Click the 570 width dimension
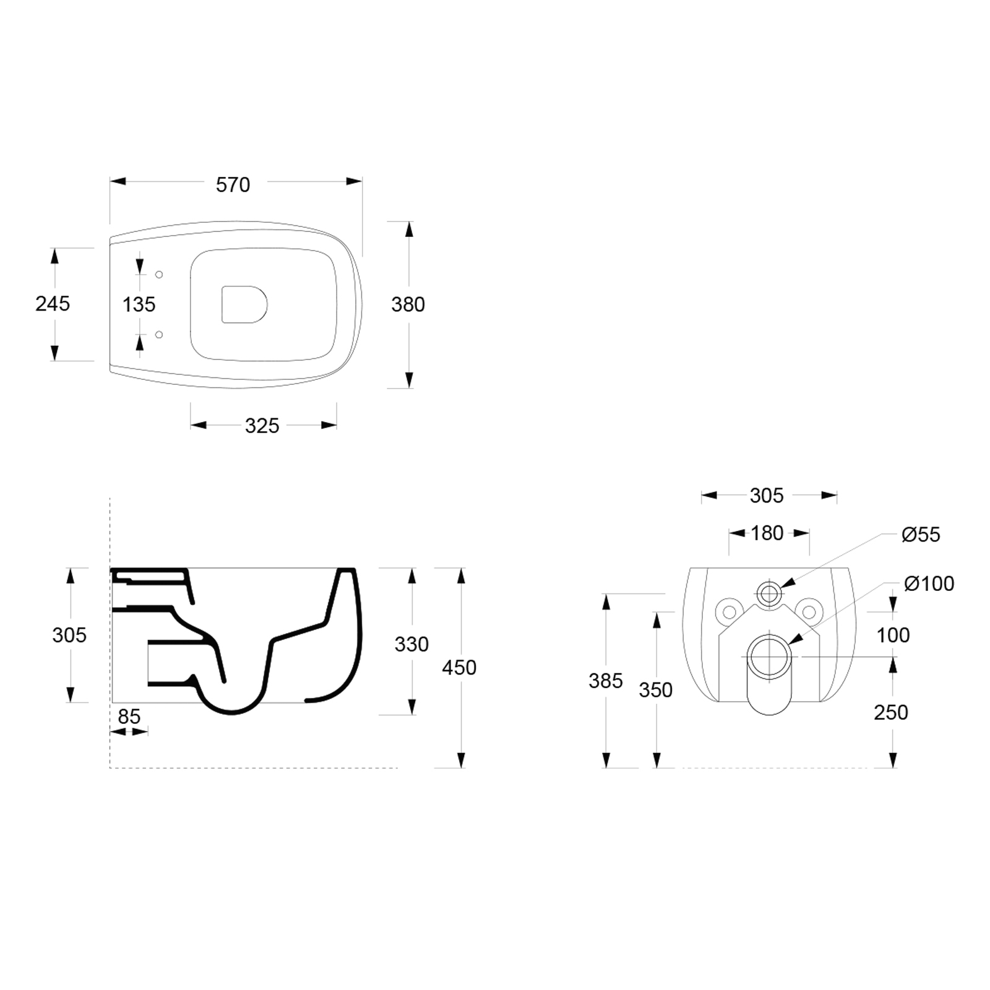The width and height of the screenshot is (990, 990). (x=233, y=184)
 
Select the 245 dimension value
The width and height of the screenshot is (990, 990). (x=53, y=304)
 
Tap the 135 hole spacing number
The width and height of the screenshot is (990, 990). (x=139, y=304)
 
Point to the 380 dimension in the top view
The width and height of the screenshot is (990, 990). (x=408, y=304)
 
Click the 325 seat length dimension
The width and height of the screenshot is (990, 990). (x=262, y=426)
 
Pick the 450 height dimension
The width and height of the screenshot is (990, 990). (x=459, y=668)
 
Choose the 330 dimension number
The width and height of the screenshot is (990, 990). (x=411, y=644)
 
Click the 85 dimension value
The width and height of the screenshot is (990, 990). (x=129, y=717)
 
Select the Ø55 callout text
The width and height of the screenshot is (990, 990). (x=921, y=535)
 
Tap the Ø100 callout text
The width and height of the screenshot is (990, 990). (x=929, y=583)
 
